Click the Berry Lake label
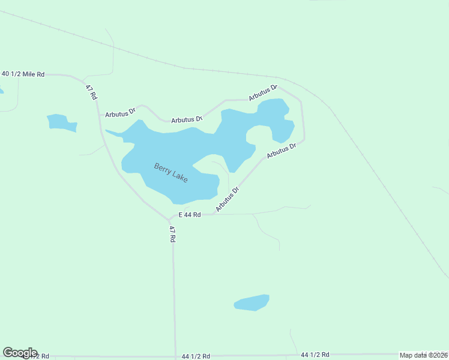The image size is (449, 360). (x=171, y=173)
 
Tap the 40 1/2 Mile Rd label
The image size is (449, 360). (x=23, y=74)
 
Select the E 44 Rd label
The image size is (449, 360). (x=189, y=214)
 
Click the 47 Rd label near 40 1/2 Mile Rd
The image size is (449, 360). (x=91, y=92)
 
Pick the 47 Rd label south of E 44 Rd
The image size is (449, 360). (x=172, y=234)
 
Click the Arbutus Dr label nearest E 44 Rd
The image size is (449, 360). (x=228, y=199)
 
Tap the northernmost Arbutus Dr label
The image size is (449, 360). (x=264, y=93)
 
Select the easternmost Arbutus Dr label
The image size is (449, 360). (x=282, y=150)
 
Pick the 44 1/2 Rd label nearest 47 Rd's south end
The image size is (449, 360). (x=196, y=356)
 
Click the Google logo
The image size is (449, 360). (x=20, y=353)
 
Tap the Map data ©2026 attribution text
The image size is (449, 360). (x=423, y=355)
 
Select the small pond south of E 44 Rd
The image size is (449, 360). (x=252, y=302)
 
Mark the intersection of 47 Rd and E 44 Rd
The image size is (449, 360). (x=170, y=219)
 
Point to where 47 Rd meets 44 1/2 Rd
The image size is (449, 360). (x=175, y=355)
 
